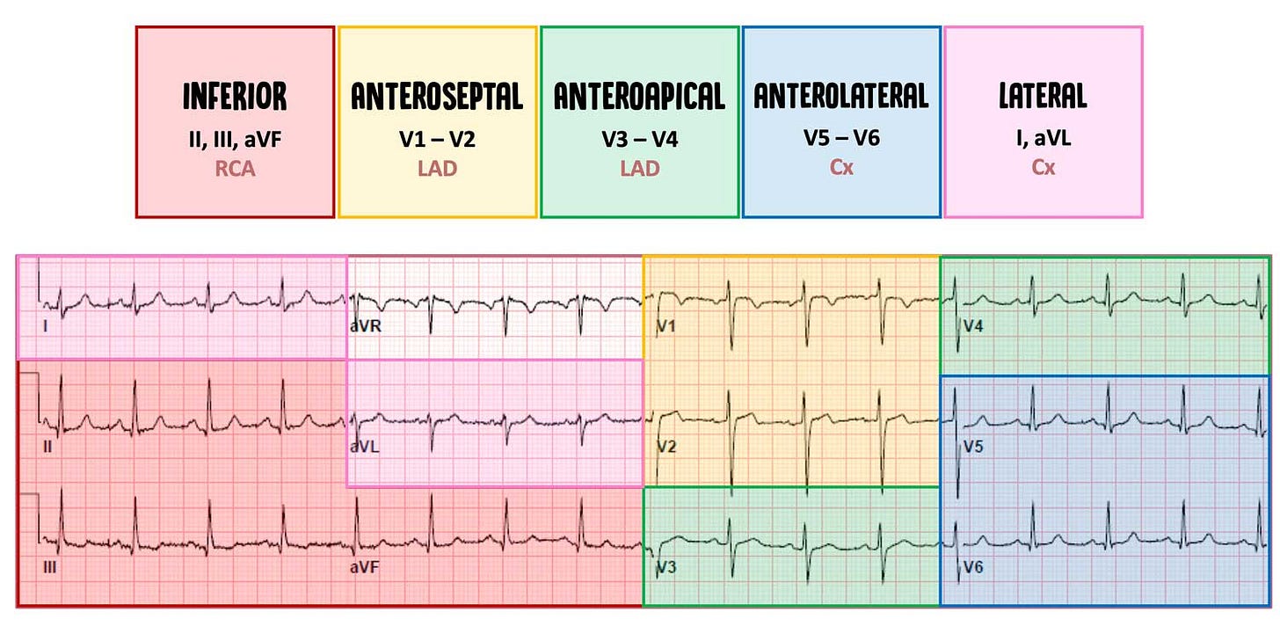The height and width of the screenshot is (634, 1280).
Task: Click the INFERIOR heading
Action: click(235, 97)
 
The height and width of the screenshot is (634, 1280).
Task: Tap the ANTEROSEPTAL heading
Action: click(437, 97)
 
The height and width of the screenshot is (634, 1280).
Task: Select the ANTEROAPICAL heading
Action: click(639, 97)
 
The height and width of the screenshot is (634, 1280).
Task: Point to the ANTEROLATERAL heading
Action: click(841, 96)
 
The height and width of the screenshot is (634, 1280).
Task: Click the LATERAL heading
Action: click(1043, 96)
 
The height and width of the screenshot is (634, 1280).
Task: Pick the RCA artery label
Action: click(235, 168)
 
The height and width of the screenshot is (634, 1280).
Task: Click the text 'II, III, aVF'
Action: click(235, 139)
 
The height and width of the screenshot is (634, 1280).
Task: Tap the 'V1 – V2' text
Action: click(437, 139)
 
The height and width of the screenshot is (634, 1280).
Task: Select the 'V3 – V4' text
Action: click(639, 139)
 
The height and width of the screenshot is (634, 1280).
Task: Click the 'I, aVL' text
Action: click(1043, 139)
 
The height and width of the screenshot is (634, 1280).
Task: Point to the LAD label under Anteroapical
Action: click(639, 168)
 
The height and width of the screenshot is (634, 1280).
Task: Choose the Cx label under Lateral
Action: click(1043, 168)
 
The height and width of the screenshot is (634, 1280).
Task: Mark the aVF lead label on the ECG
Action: click(363, 568)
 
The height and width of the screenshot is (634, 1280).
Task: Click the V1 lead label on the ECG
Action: click(665, 327)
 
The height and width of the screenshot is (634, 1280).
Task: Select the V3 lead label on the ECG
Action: click(665, 568)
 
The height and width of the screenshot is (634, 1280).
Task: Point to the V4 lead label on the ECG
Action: click(972, 326)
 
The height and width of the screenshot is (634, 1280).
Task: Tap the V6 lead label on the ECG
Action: click(972, 568)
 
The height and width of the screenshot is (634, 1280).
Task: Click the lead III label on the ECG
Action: click(49, 568)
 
